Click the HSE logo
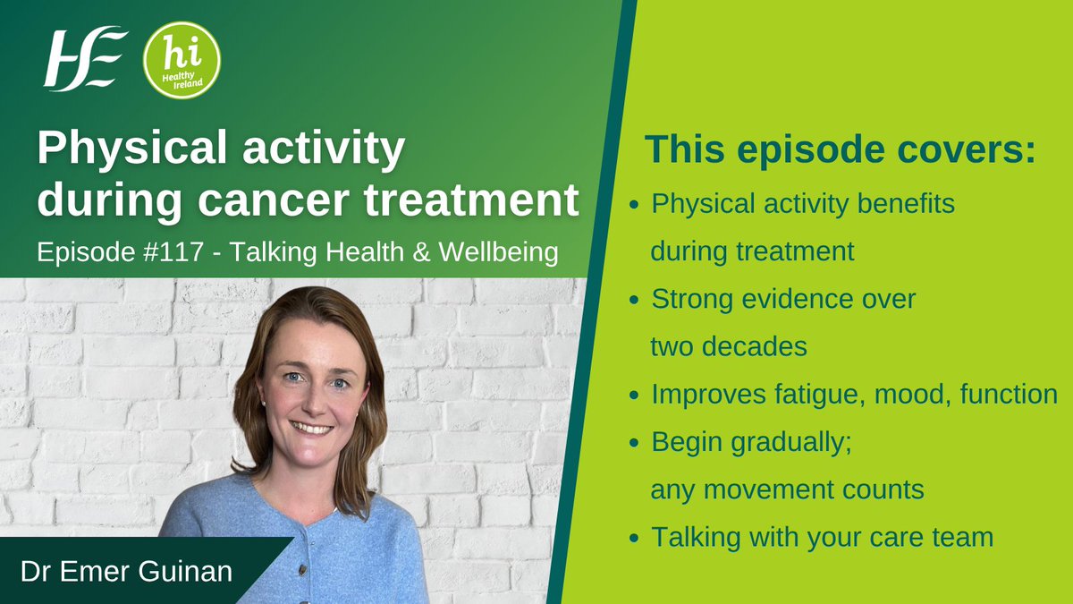tap(85, 59)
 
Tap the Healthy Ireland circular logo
tap(182, 60)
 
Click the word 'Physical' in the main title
tap(131, 149)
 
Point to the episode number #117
tap(173, 251)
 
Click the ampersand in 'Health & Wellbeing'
tap(421, 252)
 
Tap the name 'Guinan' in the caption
tap(185, 572)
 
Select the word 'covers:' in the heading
tap(967, 149)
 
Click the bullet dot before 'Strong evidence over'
tap(634, 300)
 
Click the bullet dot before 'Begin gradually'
tap(634, 442)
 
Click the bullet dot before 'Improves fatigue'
tap(634, 395)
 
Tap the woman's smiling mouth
tap(312, 427)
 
